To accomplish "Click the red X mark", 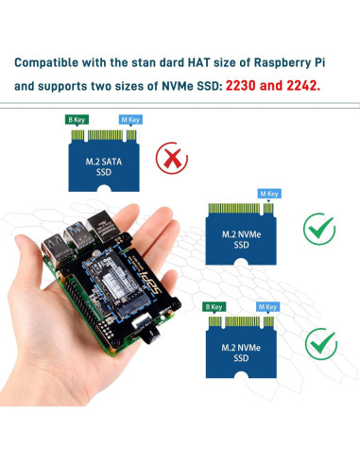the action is point(171,156).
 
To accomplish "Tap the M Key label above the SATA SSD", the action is point(129,120).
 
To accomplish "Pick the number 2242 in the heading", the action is point(318,84).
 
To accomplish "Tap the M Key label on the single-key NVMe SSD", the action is point(269,194).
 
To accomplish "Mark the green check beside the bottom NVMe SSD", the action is point(319,342).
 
